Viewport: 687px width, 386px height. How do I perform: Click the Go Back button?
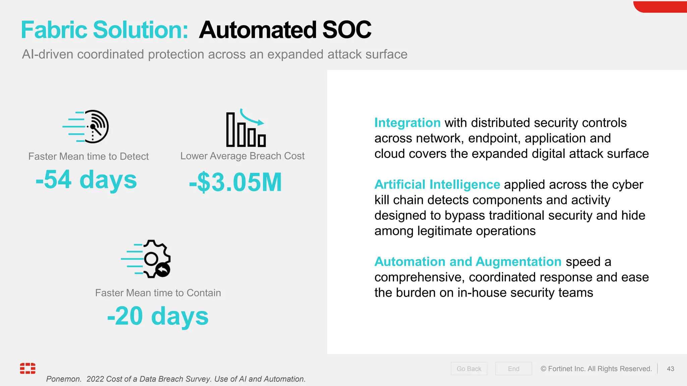click(469, 369)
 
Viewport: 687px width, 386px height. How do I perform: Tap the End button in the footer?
click(513, 369)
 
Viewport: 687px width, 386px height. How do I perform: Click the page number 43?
click(670, 369)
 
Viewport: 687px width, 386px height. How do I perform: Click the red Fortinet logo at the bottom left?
click(28, 368)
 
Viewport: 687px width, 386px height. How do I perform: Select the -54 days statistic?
click(86, 180)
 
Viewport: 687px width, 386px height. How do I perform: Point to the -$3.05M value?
click(235, 182)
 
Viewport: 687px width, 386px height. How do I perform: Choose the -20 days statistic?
click(158, 316)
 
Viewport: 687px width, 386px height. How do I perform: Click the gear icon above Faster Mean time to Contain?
click(155, 259)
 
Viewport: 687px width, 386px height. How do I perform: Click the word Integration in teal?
click(407, 123)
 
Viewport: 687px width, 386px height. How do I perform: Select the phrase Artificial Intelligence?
click(437, 184)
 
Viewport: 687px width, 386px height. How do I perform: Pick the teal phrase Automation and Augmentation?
click(468, 261)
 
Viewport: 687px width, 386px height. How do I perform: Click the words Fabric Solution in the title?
click(104, 30)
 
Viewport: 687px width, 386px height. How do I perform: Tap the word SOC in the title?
click(347, 30)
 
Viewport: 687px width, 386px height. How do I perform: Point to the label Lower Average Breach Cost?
click(242, 156)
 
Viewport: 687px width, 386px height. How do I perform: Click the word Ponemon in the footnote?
click(63, 379)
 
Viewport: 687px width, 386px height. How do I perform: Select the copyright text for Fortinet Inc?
click(596, 369)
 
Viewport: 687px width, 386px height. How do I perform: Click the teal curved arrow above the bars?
click(252, 118)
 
